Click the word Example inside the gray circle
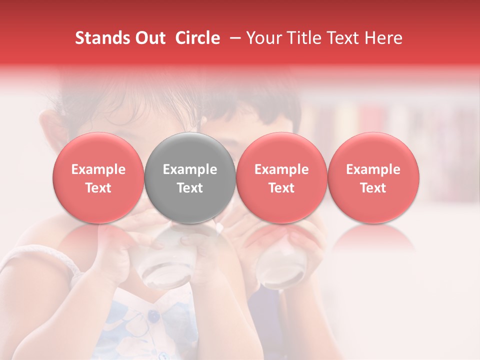click(x=190, y=169)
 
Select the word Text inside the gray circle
click(x=190, y=188)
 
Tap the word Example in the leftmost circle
click(x=98, y=169)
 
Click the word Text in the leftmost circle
click(x=98, y=188)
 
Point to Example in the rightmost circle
click(x=373, y=169)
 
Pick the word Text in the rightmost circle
click(x=373, y=188)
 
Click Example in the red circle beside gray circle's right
click(x=281, y=169)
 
